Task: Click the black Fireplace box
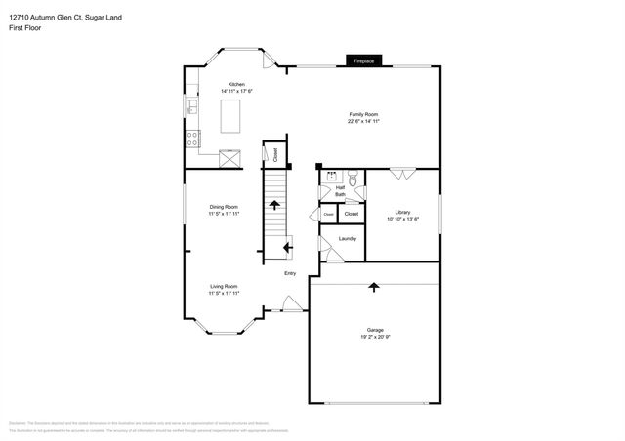(363, 61)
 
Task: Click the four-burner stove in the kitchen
(192, 139)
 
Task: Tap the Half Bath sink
(331, 179)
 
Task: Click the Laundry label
(347, 239)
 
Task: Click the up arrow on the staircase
(275, 205)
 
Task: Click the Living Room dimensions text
(224, 293)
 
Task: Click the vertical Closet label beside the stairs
(275, 153)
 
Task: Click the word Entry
(290, 273)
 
